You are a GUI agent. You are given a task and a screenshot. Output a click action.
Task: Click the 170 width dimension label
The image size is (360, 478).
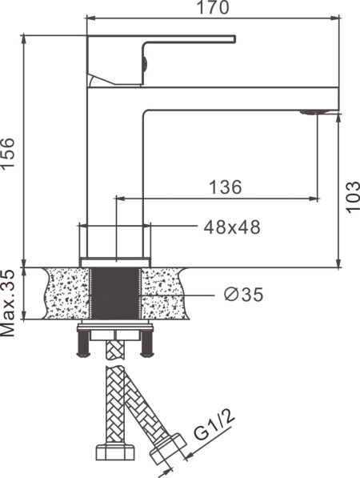click(x=213, y=7)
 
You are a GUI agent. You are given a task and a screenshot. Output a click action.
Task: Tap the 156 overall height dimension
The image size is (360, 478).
click(x=7, y=152)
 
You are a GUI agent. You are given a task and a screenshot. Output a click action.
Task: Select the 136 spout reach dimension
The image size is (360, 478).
click(x=226, y=187)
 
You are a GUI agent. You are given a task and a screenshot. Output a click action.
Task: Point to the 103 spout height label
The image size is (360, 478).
click(x=353, y=197)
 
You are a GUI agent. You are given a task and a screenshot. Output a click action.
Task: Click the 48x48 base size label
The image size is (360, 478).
click(x=232, y=227)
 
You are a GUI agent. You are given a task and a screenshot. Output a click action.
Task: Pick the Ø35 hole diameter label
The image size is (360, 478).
click(x=243, y=295)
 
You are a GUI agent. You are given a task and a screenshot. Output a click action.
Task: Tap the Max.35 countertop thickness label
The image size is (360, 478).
click(x=8, y=303)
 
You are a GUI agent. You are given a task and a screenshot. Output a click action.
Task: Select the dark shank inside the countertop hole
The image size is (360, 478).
click(x=115, y=293)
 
